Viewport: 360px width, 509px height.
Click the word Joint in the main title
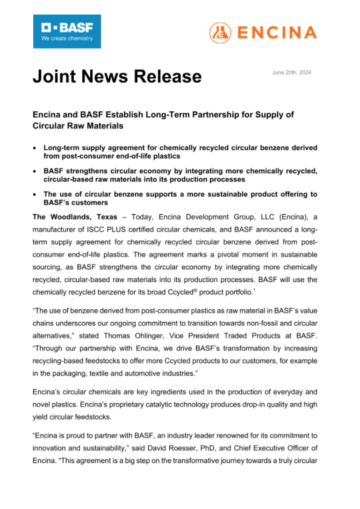click(x=54, y=76)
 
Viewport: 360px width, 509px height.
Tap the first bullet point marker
click(x=35, y=148)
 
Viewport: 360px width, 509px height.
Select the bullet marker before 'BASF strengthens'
click(x=35, y=171)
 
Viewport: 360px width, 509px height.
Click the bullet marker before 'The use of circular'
click(x=35, y=194)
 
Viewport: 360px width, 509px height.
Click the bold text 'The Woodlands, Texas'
click(x=75, y=217)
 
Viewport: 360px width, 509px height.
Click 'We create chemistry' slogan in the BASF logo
click(x=67, y=39)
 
